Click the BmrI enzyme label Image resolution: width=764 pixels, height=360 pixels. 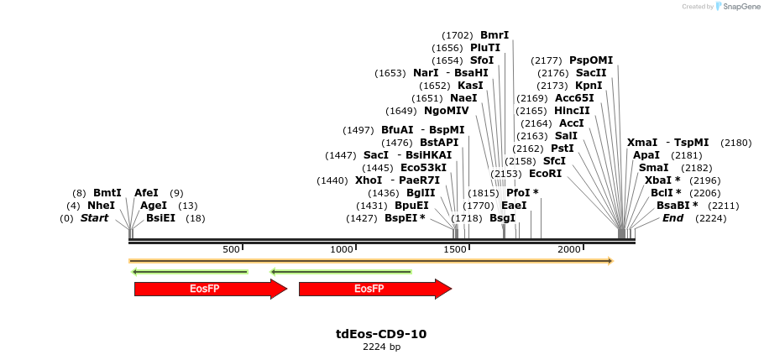point(495,35)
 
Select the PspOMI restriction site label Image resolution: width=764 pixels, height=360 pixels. point(591,60)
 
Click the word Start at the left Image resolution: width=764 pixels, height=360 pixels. point(94,218)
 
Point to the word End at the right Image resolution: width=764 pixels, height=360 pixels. point(672,218)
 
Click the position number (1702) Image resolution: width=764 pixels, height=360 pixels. point(457,35)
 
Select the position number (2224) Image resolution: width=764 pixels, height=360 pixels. point(710,218)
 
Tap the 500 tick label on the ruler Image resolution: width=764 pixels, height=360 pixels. point(231,250)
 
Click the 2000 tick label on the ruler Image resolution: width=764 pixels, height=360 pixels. point(569,250)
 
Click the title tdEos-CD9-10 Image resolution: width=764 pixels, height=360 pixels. point(381,334)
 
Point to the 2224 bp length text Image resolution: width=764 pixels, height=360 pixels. point(381,347)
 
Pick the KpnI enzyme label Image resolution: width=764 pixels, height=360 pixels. point(589,86)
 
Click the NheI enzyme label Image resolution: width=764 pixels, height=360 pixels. point(101,206)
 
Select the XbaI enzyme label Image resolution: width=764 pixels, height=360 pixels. point(660,180)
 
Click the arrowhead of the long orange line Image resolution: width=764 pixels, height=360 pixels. point(610,261)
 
